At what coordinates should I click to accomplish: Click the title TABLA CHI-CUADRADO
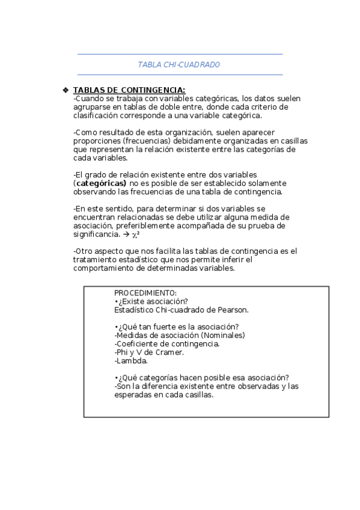point(179,64)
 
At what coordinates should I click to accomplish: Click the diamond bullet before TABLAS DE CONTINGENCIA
point(66,90)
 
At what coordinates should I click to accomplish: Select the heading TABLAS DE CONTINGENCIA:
point(121,90)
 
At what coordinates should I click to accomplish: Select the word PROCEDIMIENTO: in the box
point(145,292)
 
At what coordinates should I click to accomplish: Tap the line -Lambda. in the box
point(130,361)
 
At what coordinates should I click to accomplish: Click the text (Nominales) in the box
point(222,336)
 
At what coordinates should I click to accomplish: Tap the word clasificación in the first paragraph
point(97,115)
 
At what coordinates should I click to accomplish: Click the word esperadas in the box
point(132,395)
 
